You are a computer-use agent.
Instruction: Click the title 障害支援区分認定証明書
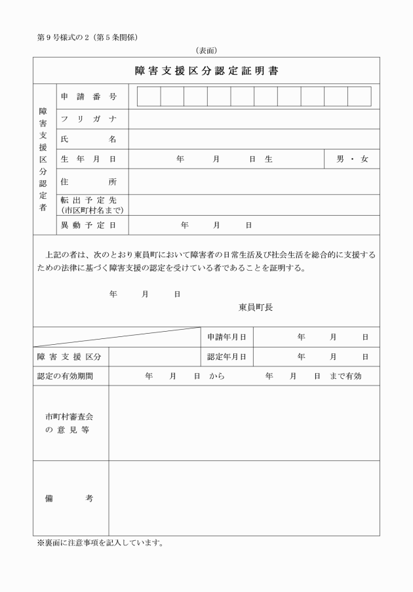click(206, 71)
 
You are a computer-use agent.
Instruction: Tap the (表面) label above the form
click(206, 50)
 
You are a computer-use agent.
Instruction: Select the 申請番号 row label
click(88, 97)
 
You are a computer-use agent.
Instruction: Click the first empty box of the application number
click(149, 96)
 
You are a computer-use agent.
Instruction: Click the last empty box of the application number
click(359, 96)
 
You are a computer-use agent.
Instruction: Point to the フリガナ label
click(88, 119)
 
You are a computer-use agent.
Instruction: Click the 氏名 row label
click(88, 139)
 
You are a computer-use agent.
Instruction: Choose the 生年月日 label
click(88, 159)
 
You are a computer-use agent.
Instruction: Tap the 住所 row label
click(88, 182)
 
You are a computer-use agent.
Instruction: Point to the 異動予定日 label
click(88, 225)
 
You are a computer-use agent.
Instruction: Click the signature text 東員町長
click(256, 306)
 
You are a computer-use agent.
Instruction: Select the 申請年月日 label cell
click(226, 337)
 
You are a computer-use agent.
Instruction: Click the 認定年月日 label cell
click(226, 357)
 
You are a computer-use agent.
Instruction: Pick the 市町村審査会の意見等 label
click(69, 423)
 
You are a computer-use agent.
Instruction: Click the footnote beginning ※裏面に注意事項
click(100, 543)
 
